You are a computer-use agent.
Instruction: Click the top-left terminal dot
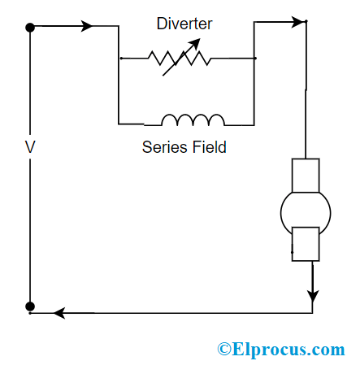[30, 27]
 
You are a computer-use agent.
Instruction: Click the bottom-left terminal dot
[30, 307]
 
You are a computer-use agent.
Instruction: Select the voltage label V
[30, 149]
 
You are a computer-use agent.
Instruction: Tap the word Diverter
[184, 24]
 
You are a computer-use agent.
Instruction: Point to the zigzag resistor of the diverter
[179, 59]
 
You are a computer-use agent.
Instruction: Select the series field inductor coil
[193, 120]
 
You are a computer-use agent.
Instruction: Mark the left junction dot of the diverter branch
[119, 59]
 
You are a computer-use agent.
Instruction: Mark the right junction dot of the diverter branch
[255, 59]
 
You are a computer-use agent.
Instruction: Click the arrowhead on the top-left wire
[87, 27]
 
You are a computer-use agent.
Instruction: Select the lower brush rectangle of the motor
[306, 243]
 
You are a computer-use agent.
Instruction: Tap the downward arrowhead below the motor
[312, 294]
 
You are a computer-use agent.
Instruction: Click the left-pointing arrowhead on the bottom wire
[59, 312]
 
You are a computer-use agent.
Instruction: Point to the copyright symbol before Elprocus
[225, 350]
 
